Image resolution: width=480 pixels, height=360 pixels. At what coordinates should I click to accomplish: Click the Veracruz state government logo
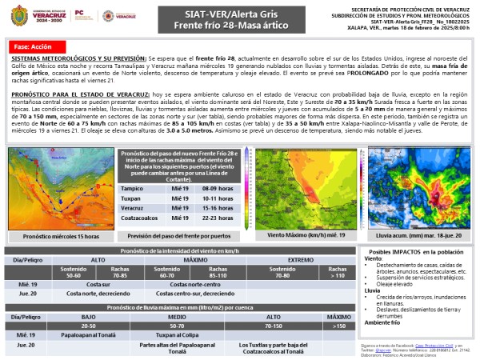coord(37,15)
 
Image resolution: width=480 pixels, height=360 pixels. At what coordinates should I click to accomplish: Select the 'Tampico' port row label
coord(133,188)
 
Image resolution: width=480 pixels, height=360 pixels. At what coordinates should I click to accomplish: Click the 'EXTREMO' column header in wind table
coord(301,261)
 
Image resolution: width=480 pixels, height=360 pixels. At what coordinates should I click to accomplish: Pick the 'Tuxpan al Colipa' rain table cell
coord(178,334)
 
